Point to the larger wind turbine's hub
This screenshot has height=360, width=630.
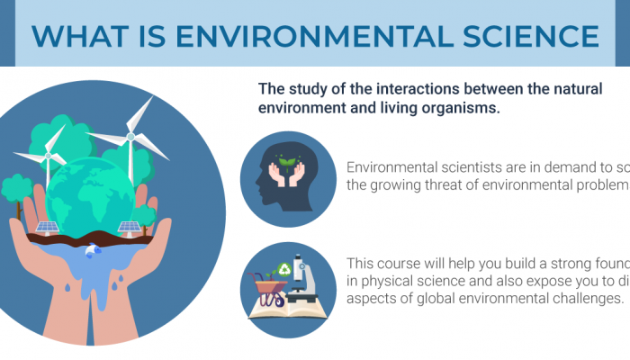tap(130, 136)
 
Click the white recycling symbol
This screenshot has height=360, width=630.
tap(284, 267)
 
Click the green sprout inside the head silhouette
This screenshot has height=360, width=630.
tap(288, 165)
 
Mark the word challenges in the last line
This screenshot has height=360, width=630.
tap(581, 299)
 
